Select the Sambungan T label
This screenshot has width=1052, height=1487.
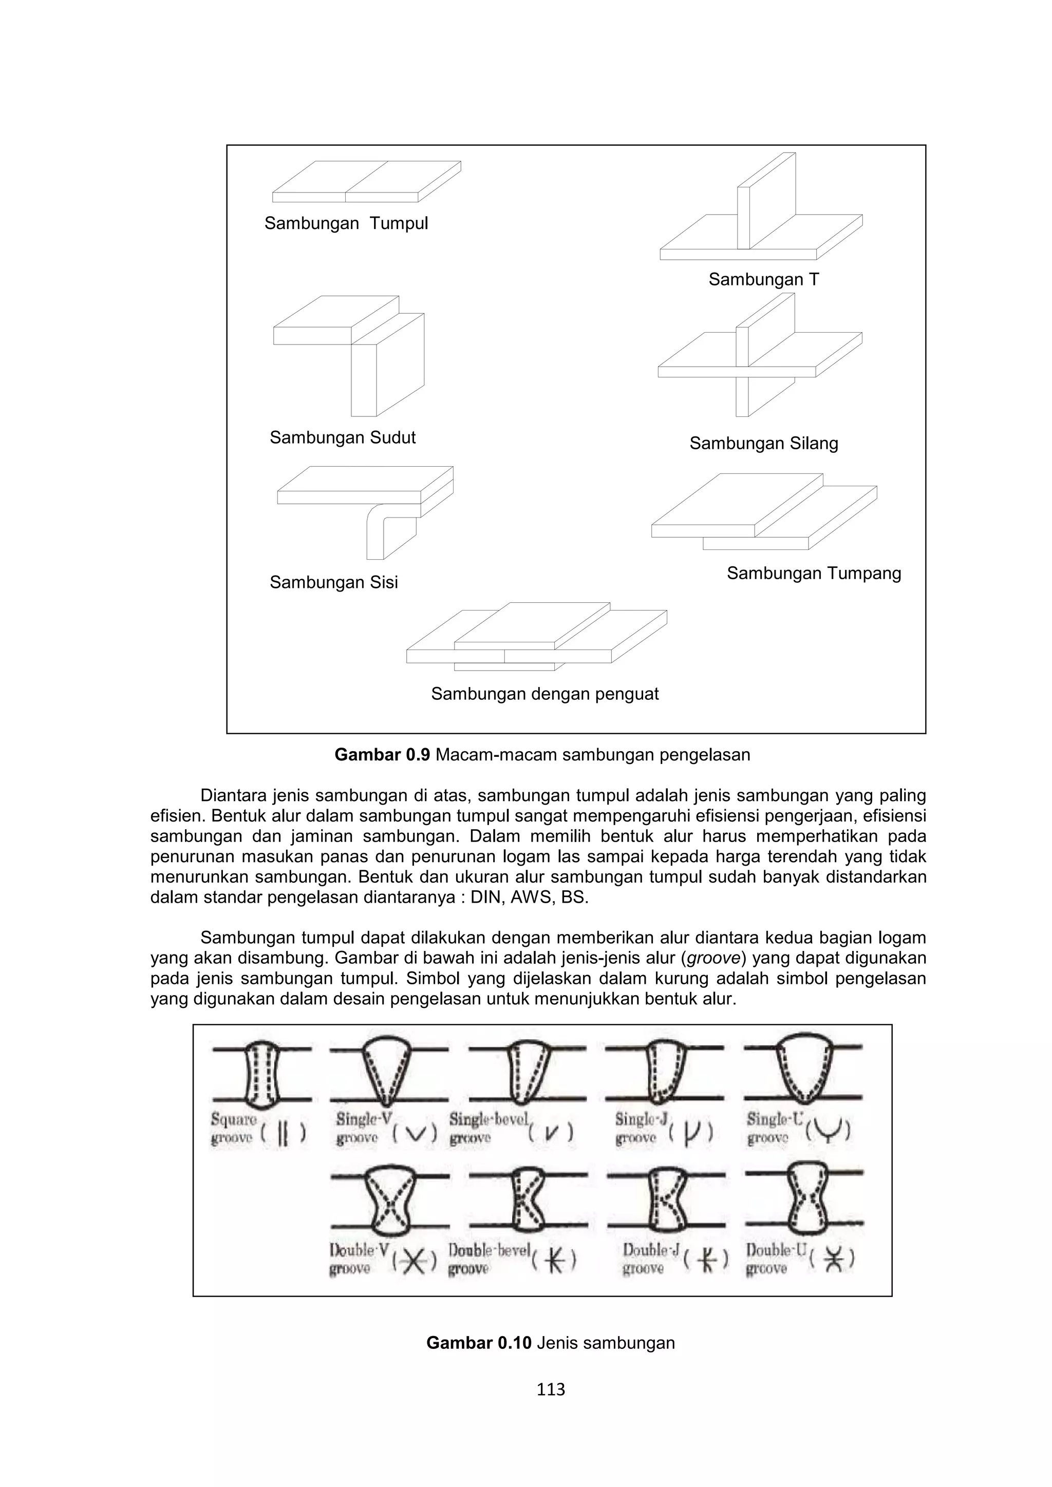[x=764, y=280]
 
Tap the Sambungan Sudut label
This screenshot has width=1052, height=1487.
[x=343, y=438]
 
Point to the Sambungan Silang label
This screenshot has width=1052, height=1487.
[x=764, y=444]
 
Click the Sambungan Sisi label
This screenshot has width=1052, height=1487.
[x=333, y=582]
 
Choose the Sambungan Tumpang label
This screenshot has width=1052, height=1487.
[x=814, y=573]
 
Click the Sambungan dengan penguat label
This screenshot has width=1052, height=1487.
[x=545, y=694]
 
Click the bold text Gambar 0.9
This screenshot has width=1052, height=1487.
[x=382, y=755]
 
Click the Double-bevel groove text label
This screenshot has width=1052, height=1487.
[x=489, y=1259]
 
